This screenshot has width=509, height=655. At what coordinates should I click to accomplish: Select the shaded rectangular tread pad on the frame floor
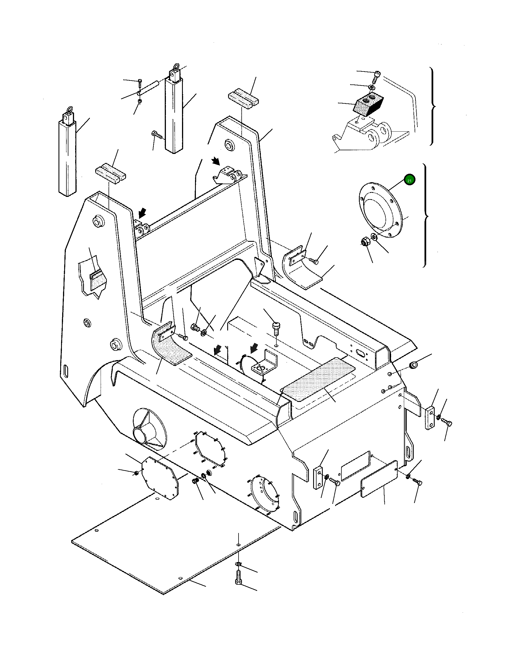point(318,380)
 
